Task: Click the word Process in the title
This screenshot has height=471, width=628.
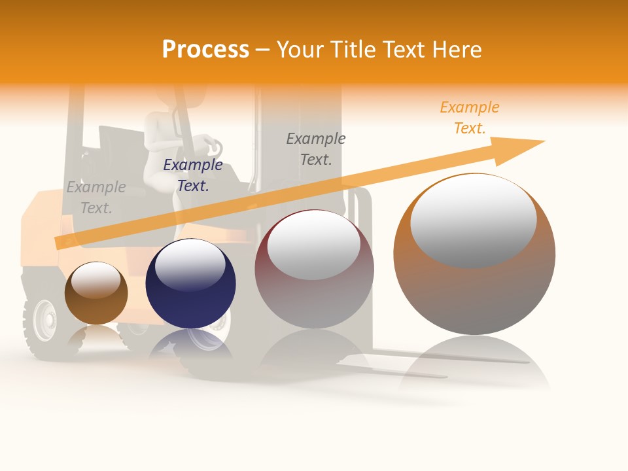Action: click(205, 50)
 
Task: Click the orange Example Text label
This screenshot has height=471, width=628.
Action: click(469, 118)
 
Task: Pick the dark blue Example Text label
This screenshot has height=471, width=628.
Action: click(192, 175)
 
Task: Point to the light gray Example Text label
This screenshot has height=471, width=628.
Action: click(96, 198)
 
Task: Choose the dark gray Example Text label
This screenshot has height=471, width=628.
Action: click(316, 149)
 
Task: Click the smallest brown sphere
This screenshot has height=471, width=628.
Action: click(96, 293)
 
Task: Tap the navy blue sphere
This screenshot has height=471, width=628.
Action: click(190, 284)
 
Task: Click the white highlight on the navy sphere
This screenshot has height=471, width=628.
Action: click(190, 262)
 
